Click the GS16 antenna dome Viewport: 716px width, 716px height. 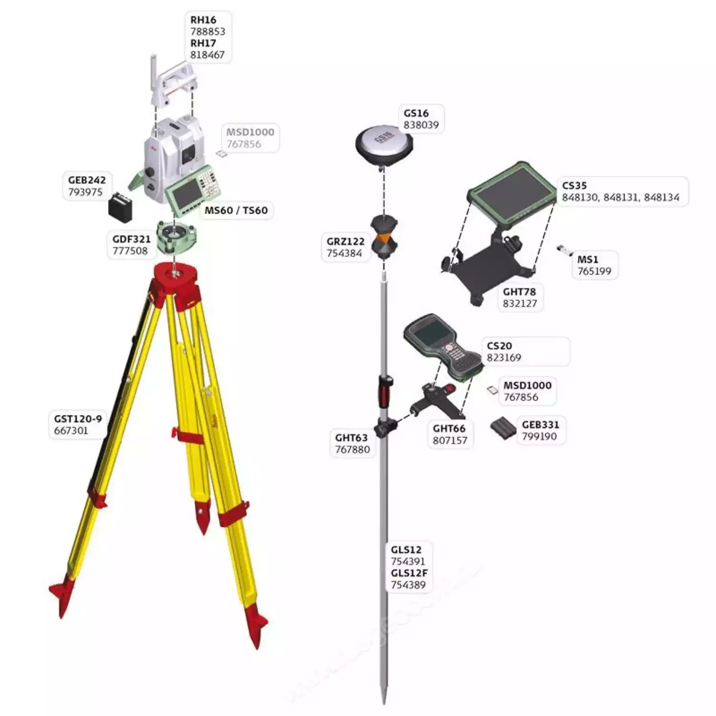coord(384,143)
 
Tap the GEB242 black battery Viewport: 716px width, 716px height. coord(120,207)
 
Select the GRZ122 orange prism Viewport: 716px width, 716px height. coord(384,237)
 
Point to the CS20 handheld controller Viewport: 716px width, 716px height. coord(443,347)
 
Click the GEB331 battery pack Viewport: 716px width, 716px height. coord(503,428)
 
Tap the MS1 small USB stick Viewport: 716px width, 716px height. coord(565,250)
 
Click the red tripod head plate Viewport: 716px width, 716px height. coord(175,282)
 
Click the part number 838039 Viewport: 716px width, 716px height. coord(421,125)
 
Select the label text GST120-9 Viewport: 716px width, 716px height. coord(78,419)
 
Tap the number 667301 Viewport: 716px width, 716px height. coord(71,431)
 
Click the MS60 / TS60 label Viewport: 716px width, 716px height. coord(236,210)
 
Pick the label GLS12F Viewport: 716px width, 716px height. coord(409,573)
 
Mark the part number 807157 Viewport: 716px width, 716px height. coord(450,440)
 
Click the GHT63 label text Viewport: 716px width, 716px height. coord(351,437)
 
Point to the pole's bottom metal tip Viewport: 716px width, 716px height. coord(384,695)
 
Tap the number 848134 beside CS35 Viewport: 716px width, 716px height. coord(662,197)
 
